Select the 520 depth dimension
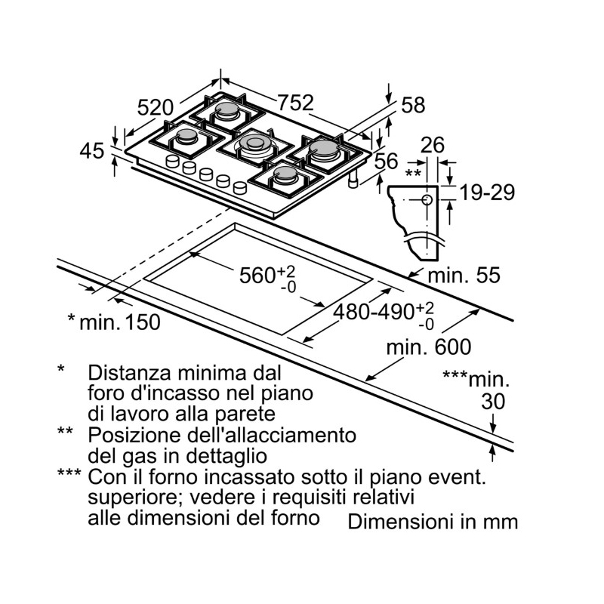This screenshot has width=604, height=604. coord(156,108)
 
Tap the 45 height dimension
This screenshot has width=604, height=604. coord(91,151)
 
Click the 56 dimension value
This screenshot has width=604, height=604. coord(386,161)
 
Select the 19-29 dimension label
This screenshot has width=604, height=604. coord(487,193)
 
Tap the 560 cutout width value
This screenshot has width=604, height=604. coord(257,276)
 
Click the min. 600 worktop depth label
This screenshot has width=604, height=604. coord(428,347)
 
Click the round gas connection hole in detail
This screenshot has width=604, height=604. coord(427,200)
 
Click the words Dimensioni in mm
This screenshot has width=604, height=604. coord(433,522)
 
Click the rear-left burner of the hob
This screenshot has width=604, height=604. coord(226,114)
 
